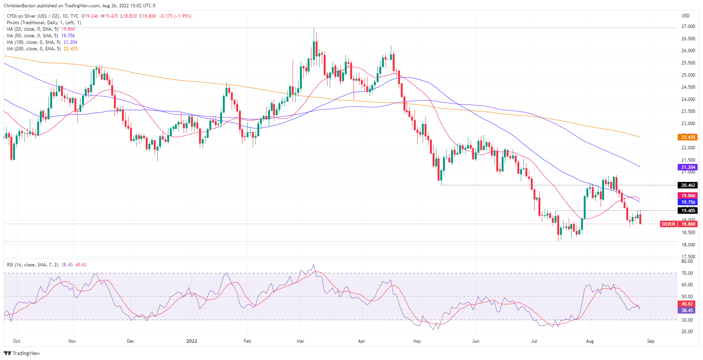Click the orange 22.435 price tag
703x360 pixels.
tap(688, 137)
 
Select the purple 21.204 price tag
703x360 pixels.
tap(688, 167)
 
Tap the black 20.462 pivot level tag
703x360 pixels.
tap(688, 185)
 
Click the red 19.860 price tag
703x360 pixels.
tap(688, 195)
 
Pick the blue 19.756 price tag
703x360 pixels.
tap(688, 202)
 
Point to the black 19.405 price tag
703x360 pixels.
tap(688, 210)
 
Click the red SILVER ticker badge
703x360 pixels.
tap(668, 224)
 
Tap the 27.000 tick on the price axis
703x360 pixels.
tap(688, 26)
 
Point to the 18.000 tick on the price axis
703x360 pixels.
tap(688, 244)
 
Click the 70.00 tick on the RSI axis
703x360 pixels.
tap(687, 273)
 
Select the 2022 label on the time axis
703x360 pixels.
tap(191, 341)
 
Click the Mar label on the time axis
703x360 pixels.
tap(300, 341)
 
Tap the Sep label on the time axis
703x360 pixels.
tap(650, 341)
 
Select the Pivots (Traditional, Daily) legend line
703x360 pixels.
tap(44, 23)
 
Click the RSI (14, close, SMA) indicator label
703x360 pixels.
tap(33, 265)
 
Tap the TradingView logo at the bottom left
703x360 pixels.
tap(22, 353)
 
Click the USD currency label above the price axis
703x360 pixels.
tap(685, 16)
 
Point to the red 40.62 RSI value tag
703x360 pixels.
tap(687, 304)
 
